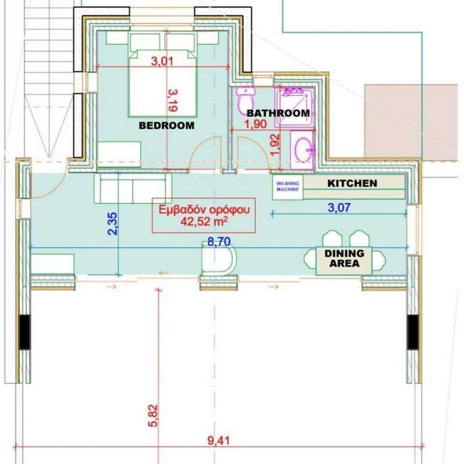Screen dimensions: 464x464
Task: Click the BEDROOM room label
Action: pos(166,126)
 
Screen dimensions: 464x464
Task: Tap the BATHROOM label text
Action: pos(278,113)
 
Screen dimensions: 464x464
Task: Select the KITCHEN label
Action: pos(352,183)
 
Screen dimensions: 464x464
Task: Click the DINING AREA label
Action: pos(345,258)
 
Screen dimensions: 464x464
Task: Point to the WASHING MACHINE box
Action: pos(288,186)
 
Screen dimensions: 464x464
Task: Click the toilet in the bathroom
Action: pos(246,100)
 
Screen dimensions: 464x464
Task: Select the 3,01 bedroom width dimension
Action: pos(162,61)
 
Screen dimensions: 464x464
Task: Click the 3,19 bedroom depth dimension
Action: pos(173,101)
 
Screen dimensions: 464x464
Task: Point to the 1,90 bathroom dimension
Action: pos(256,124)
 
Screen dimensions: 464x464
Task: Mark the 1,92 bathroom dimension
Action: pos(275,145)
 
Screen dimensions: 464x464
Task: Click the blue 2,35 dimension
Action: pos(113,224)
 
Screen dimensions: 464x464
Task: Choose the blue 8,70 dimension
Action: pos(218,242)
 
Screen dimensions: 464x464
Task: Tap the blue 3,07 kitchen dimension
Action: pos(339,207)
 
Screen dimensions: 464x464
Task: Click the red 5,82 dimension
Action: pos(153,416)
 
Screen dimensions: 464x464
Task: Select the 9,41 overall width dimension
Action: pos(218,440)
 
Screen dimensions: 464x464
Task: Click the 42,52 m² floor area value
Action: pos(204,221)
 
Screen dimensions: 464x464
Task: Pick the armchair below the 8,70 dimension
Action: pos(218,259)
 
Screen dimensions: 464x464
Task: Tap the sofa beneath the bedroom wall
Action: pos(133,188)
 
